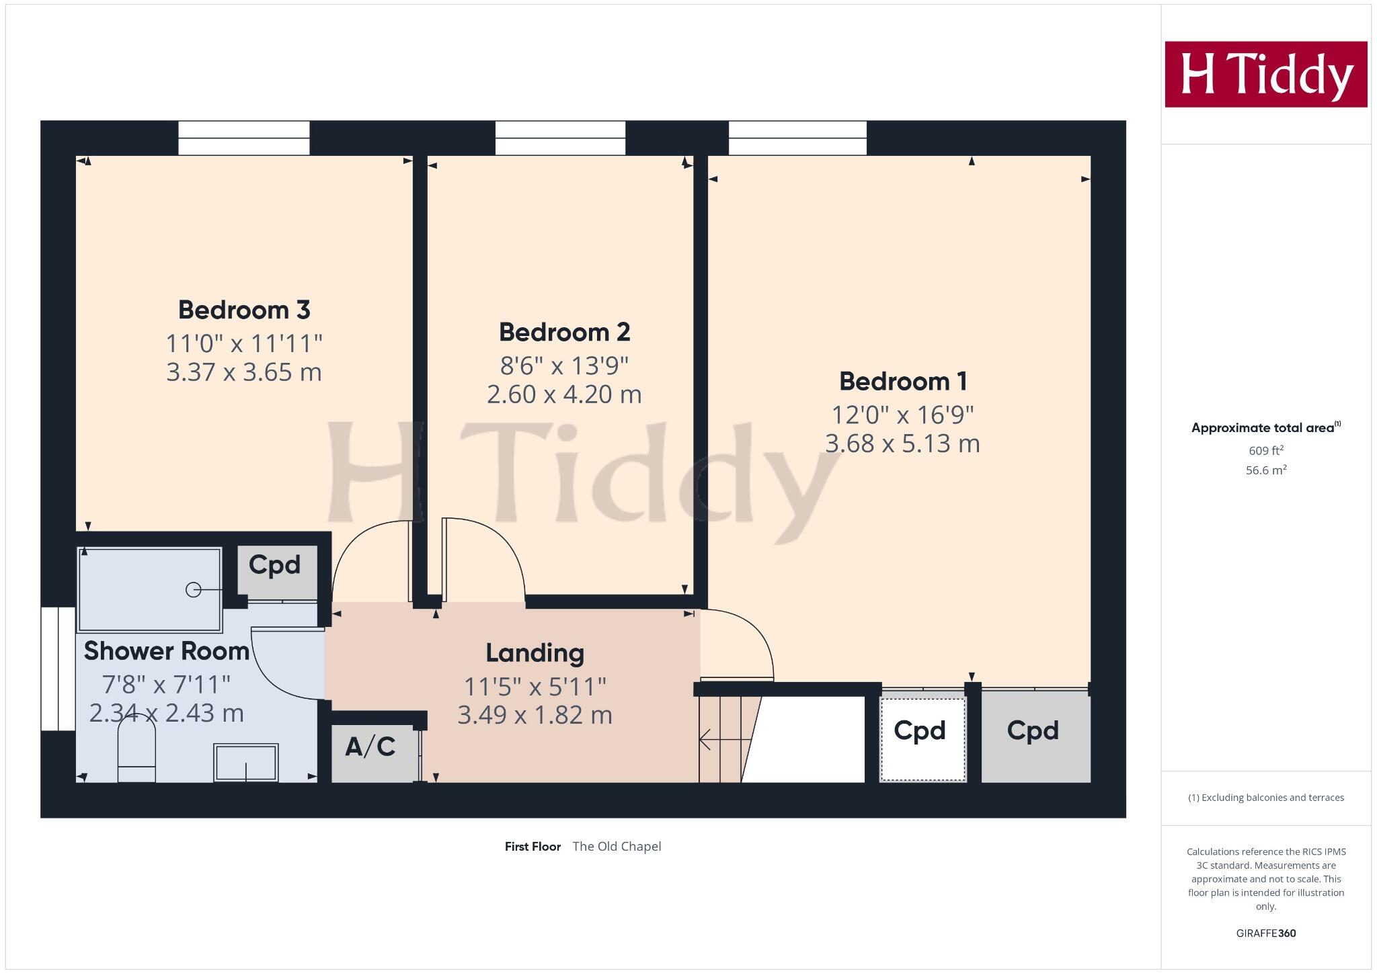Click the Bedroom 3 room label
tap(243, 310)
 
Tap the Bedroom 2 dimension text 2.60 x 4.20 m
tap(564, 394)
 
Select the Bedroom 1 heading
tap(902, 381)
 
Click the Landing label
tap(535, 652)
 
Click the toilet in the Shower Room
tap(136, 749)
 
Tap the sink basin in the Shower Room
tap(246, 763)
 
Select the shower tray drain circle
tap(193, 590)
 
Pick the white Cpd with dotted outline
tap(922, 738)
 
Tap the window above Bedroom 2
tap(559, 138)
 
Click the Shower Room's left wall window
tap(58, 669)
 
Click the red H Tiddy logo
tap(1265, 75)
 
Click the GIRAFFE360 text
tap(1265, 933)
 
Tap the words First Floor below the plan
tap(533, 847)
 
